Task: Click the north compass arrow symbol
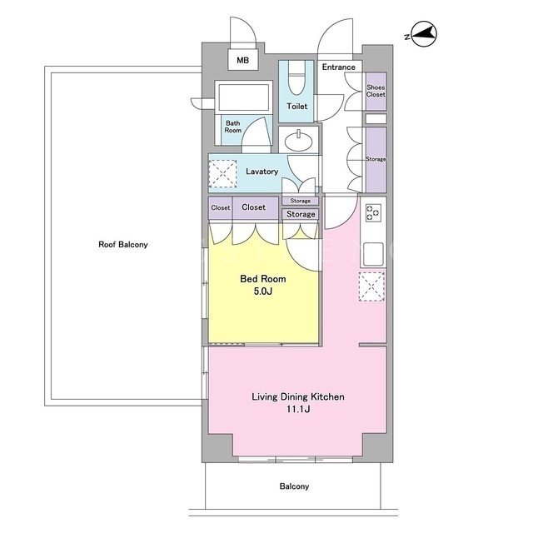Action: tap(424, 34)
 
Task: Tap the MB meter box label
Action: tap(242, 60)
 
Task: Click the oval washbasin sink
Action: tap(298, 140)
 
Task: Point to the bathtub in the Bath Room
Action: tap(243, 97)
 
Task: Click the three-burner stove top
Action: tap(372, 212)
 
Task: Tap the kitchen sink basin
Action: tap(373, 254)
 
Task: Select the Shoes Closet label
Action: tap(376, 91)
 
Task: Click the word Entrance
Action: tap(339, 67)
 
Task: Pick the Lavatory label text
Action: tap(262, 172)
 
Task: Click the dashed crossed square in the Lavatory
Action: tap(222, 173)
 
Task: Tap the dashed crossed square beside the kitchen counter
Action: tap(372, 286)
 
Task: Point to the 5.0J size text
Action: tap(263, 291)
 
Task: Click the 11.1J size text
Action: tap(298, 409)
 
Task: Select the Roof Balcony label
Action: tap(123, 244)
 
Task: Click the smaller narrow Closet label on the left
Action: tap(220, 207)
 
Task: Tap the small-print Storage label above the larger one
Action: tap(300, 201)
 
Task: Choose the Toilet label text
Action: tap(296, 106)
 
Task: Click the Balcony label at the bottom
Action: tap(294, 486)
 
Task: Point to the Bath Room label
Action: tap(233, 127)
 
